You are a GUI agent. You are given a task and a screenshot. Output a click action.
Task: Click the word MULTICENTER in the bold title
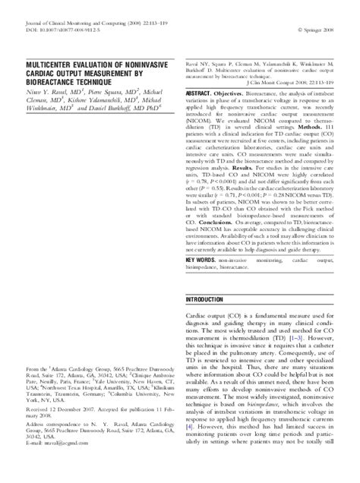(x=52, y=65)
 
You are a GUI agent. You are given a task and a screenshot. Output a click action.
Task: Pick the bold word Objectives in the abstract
(x=240, y=92)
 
